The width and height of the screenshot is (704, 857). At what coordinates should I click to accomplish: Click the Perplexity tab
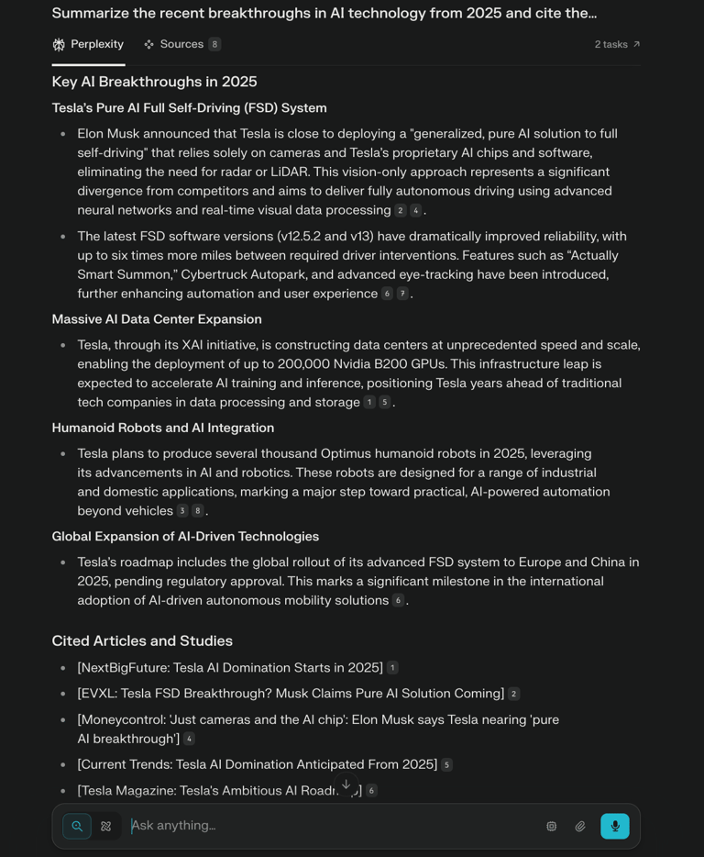pyautogui.click(x=88, y=44)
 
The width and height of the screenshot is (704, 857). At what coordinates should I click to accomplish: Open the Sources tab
pyautogui.click(x=181, y=44)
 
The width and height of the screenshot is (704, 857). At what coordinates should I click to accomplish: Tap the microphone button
pyautogui.click(x=614, y=826)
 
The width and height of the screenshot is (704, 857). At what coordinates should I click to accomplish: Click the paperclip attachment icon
pyautogui.click(x=580, y=826)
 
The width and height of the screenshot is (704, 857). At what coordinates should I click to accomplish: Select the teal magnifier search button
pyautogui.click(x=77, y=826)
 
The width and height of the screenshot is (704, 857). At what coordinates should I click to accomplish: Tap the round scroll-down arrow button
pyautogui.click(x=346, y=785)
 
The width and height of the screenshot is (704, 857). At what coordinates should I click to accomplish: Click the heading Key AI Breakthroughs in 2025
pyautogui.click(x=154, y=82)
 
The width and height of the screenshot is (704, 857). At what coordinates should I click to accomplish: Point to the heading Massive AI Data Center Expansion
pyautogui.click(x=157, y=319)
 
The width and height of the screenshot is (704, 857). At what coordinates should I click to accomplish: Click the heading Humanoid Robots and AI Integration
pyautogui.click(x=163, y=428)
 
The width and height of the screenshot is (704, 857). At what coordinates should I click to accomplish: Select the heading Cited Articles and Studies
pyautogui.click(x=142, y=640)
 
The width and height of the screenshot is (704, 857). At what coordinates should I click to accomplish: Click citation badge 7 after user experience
pyautogui.click(x=402, y=294)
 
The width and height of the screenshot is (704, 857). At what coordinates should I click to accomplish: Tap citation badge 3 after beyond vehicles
pyautogui.click(x=182, y=511)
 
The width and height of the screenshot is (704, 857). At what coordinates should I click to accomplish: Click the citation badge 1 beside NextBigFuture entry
pyautogui.click(x=392, y=668)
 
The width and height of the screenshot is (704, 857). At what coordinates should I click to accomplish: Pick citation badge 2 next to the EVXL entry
pyautogui.click(x=513, y=694)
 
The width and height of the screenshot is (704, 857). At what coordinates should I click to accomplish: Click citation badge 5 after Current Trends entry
pyautogui.click(x=446, y=764)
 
